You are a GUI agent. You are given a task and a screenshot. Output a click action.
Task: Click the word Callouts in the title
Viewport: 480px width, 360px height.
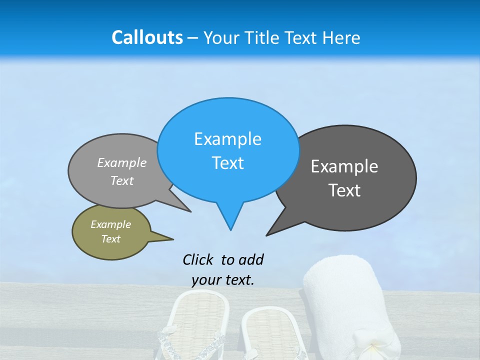[147, 37]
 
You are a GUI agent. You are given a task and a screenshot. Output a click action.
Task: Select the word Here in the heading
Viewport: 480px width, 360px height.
[341, 38]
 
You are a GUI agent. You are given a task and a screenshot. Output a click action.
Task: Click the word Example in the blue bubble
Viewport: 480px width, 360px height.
[227, 139]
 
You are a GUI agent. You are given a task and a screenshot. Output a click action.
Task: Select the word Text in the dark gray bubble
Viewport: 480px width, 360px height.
[345, 190]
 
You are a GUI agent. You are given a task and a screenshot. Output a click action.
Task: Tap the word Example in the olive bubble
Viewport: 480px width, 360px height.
[111, 224]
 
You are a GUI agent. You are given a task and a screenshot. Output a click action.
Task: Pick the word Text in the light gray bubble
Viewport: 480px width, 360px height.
[122, 181]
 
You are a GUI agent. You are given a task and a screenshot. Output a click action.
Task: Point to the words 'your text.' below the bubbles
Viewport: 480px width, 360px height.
[223, 280]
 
